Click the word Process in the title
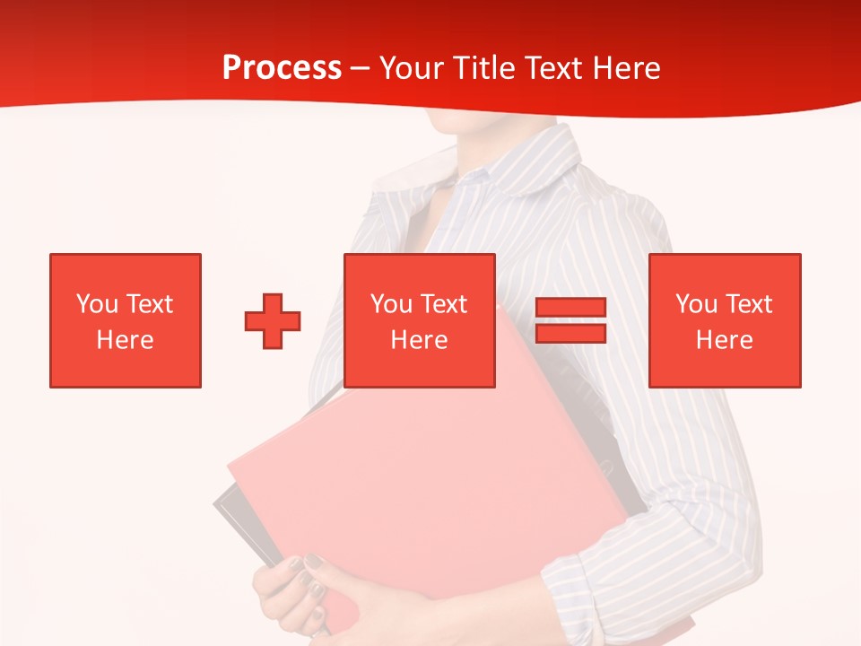[x=282, y=68]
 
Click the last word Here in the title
[x=627, y=68]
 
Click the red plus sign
[x=273, y=320]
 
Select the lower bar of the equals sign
[x=570, y=333]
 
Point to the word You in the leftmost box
[x=97, y=304]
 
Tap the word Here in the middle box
[x=419, y=340]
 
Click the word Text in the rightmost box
[x=748, y=304]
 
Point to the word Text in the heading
[x=554, y=68]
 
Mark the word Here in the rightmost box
[x=724, y=340]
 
